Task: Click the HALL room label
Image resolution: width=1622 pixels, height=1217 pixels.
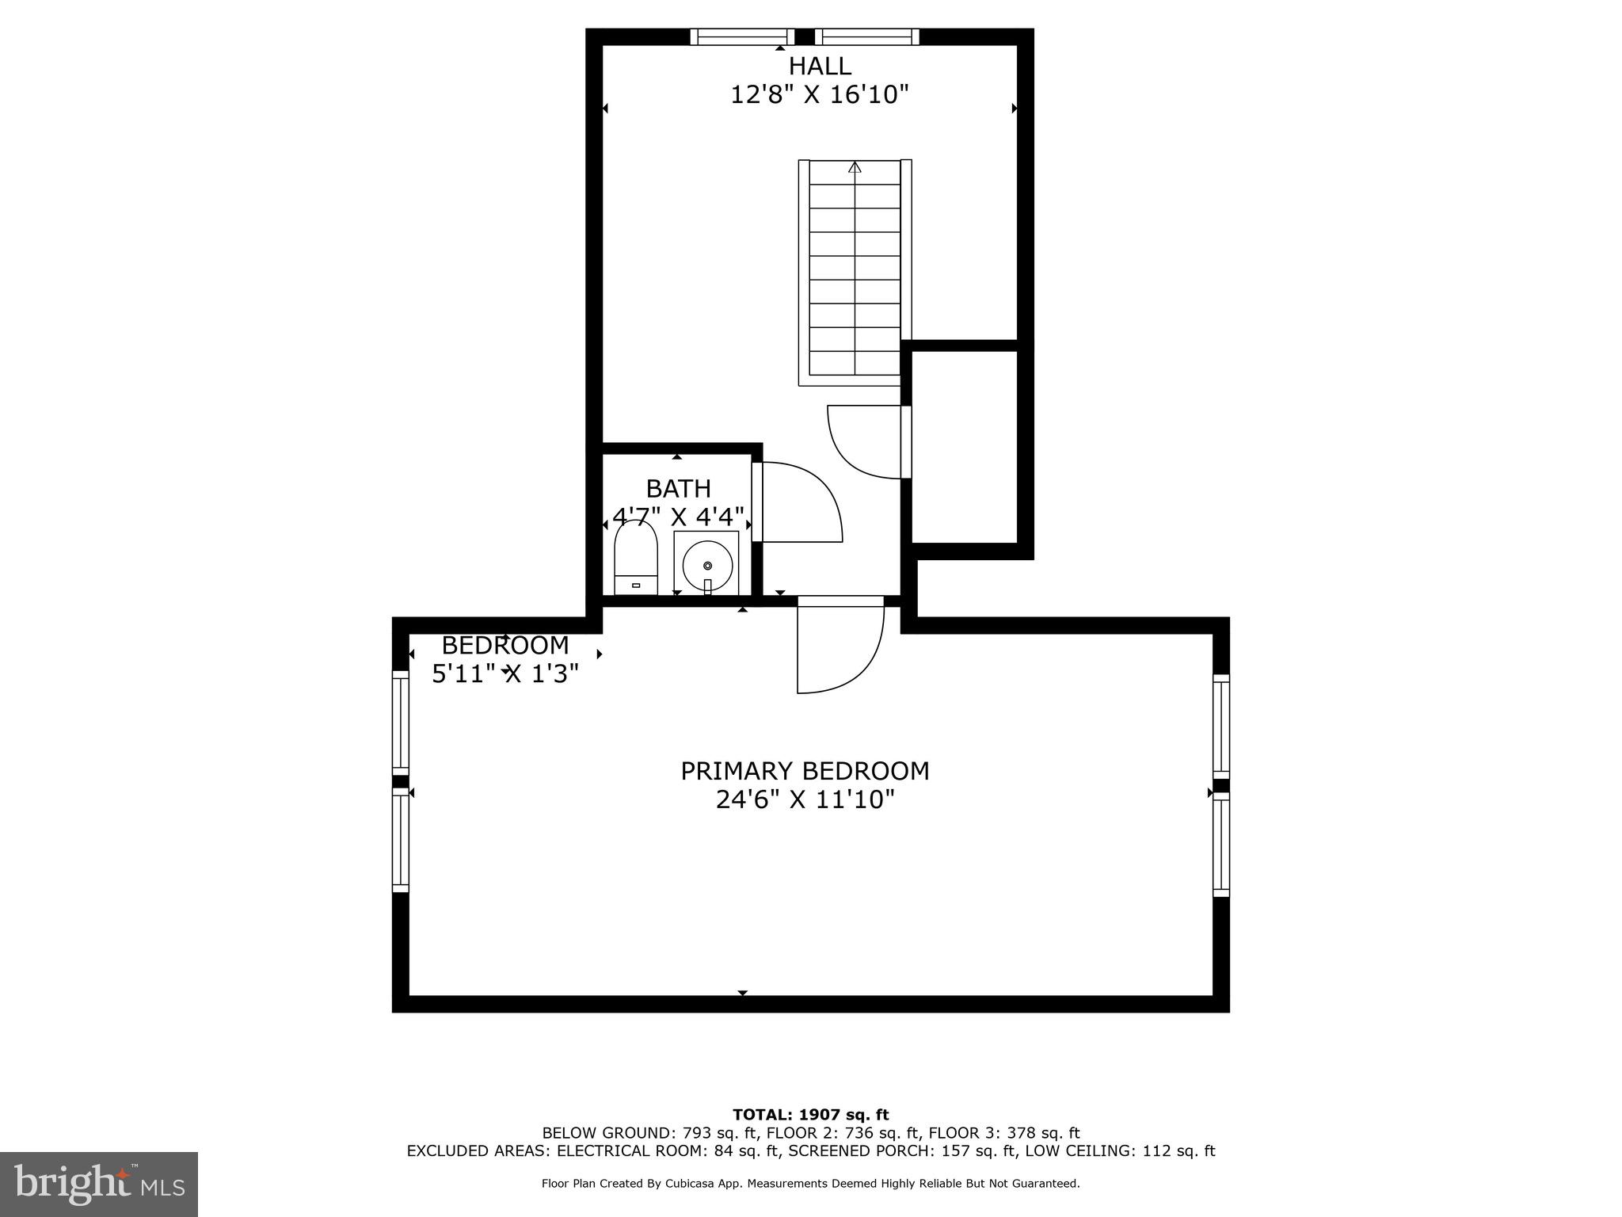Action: coord(819,66)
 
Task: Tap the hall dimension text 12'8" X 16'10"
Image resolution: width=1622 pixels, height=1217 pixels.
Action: coord(819,95)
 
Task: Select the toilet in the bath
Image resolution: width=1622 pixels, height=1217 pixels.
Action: coord(636,558)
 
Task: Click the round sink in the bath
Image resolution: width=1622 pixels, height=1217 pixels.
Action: coord(706,563)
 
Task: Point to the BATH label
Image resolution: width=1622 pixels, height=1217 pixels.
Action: coord(678,488)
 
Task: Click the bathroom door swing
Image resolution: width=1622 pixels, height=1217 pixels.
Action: coord(796,503)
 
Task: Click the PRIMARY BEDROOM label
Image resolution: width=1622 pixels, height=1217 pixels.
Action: coord(805,770)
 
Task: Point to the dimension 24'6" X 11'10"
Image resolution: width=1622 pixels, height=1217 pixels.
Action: coord(805,799)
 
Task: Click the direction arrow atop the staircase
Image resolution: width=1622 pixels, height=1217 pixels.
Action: coord(855,167)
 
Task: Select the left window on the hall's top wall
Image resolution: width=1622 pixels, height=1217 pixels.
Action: coord(742,36)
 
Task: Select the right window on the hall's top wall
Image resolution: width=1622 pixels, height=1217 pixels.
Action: coord(866,36)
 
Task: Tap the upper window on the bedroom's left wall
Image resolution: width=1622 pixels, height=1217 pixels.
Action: coord(401,723)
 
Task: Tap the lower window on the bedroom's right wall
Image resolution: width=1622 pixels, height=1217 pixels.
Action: coord(1221,845)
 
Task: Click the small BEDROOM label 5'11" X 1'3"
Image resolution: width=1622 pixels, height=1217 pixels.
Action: coord(505,658)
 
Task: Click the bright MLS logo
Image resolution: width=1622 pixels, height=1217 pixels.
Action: coord(99,1184)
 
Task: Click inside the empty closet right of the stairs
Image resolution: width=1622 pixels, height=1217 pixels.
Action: coord(964,448)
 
